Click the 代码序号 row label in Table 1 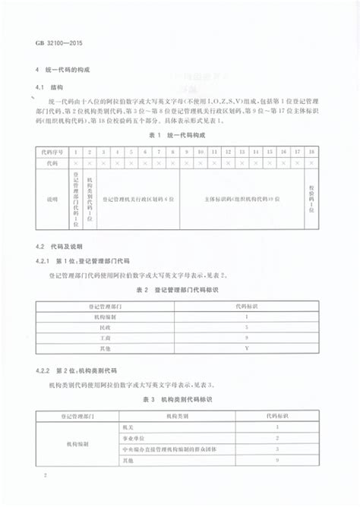(x=52, y=152)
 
